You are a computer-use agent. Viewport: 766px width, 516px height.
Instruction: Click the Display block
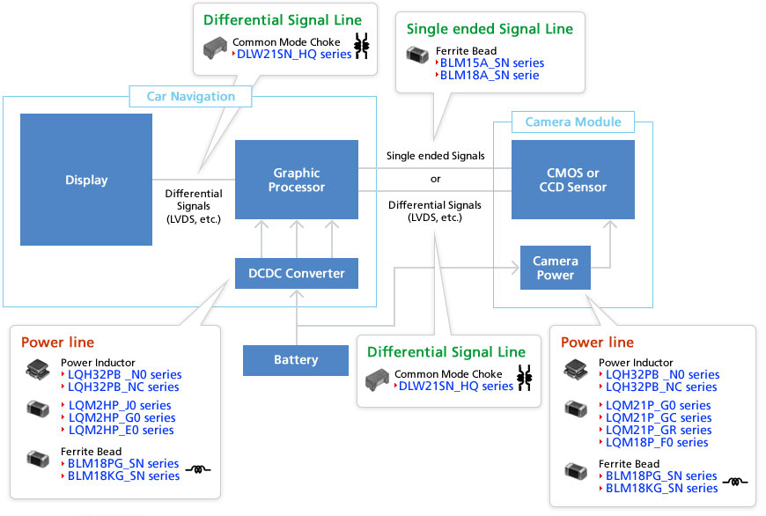86,180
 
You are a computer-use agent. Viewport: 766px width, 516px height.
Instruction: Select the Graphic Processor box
297,180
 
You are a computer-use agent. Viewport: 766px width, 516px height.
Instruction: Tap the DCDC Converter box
297,273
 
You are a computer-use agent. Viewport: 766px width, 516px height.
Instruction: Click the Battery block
296,359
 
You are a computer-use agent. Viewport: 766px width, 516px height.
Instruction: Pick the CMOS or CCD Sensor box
573,180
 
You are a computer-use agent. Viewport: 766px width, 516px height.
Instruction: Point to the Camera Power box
556,268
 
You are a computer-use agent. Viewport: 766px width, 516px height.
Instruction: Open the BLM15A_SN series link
491,63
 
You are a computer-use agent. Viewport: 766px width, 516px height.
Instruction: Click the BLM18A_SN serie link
489,75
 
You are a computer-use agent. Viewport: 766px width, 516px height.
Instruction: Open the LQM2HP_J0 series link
119,405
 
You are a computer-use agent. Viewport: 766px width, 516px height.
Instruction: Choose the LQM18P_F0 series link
657,442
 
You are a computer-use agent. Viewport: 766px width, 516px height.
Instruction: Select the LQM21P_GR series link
659,430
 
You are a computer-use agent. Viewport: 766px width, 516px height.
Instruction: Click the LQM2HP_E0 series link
121,430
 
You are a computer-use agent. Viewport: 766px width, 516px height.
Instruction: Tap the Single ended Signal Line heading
490,29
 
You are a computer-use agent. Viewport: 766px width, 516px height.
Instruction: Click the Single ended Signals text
436,156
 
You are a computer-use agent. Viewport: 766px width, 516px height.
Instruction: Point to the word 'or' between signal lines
436,179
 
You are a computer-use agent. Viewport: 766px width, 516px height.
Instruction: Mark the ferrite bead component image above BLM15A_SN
416,55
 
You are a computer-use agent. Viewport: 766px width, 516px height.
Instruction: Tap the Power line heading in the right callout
597,343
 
